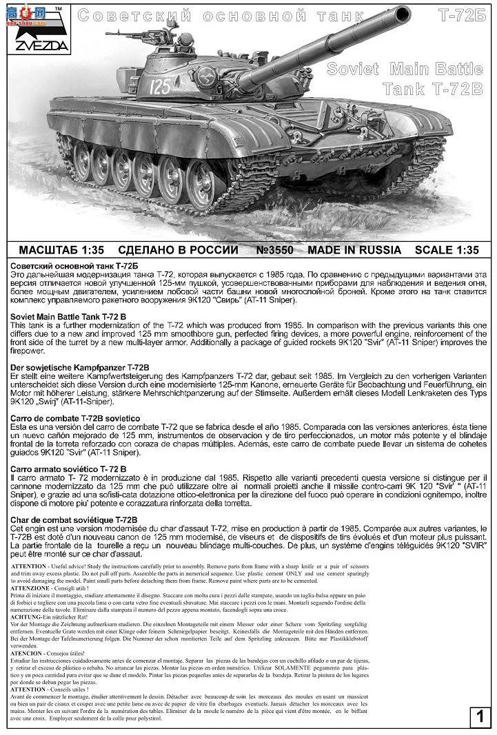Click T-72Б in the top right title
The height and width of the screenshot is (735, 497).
pos(464,14)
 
